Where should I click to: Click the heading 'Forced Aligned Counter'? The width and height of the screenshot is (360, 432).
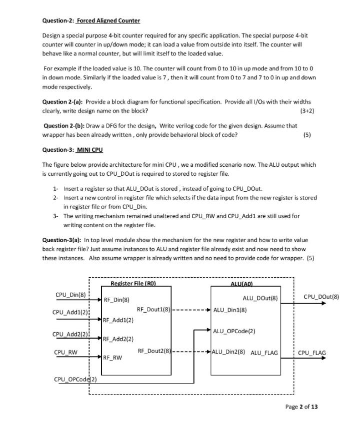pos(108,20)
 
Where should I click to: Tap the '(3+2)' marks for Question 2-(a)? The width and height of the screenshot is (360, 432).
pos(307,110)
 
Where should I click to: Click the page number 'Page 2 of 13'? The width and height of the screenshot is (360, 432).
pos(301,407)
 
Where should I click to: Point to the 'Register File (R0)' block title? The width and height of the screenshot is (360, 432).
pos(133,284)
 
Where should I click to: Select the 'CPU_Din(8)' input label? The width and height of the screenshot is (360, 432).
pos(70,294)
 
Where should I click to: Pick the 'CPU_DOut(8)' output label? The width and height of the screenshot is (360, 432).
pos(321,297)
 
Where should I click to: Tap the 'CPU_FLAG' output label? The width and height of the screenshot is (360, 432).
pos(311,353)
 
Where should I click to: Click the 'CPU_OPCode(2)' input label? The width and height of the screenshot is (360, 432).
pos(75,380)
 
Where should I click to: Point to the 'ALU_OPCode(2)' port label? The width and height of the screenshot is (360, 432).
pos(234,331)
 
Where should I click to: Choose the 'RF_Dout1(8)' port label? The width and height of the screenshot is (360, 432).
pos(154,310)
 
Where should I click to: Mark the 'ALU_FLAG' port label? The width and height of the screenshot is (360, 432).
pos(264,353)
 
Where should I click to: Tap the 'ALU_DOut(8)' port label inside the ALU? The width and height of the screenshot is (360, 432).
pos(259,298)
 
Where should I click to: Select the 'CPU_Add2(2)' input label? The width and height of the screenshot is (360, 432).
pos(70,334)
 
